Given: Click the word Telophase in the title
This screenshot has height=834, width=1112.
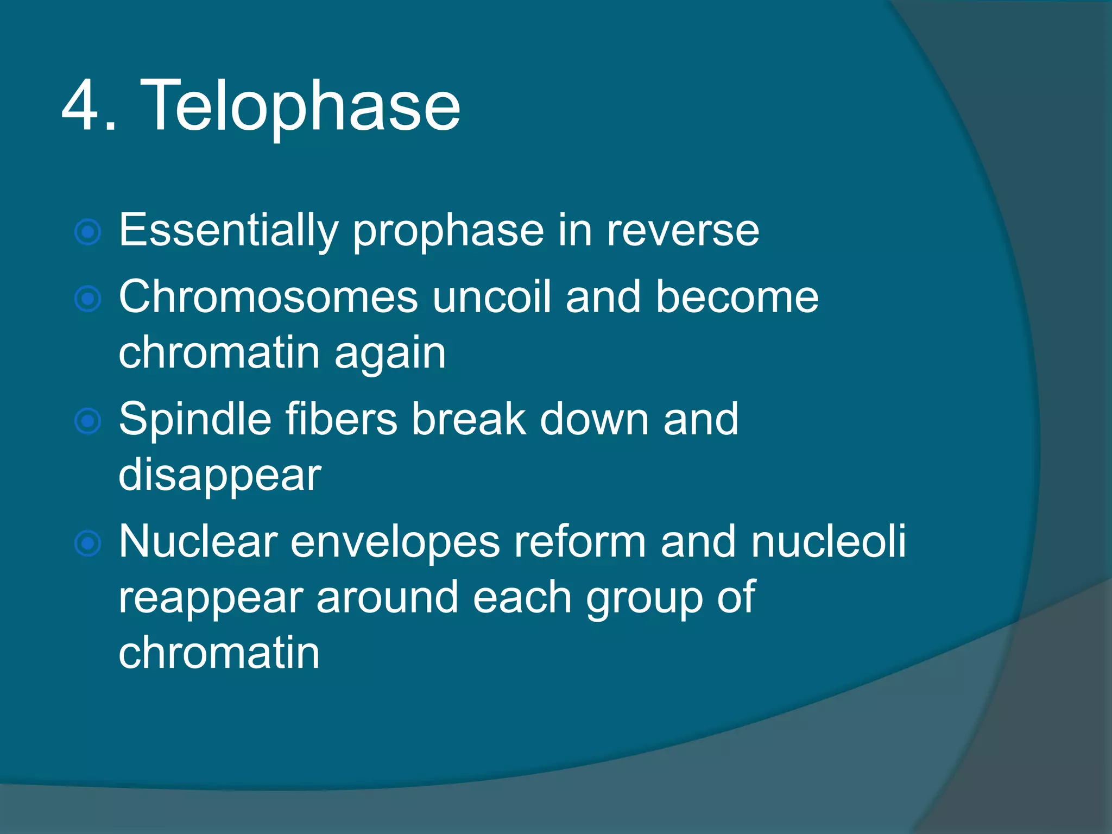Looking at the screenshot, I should pos(300,106).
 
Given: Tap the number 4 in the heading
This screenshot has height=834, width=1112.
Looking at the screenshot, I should pos(82,106).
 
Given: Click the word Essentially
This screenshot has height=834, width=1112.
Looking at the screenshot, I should pos(228,231).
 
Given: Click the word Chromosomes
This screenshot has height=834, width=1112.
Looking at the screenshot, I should pos(268,298).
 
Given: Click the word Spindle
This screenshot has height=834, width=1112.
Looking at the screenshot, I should pos(195,420).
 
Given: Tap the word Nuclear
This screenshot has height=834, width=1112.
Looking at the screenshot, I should pos(198,542).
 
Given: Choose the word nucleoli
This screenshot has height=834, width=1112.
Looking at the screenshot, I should pos(828,542).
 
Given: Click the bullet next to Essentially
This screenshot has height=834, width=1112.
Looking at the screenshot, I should pos(88,233).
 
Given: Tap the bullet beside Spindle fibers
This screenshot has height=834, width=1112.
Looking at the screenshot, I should pos(88,421).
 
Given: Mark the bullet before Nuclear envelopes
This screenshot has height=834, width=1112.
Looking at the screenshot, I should pos(88,544).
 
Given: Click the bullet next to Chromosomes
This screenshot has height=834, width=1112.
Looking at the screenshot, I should pos(88,299).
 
